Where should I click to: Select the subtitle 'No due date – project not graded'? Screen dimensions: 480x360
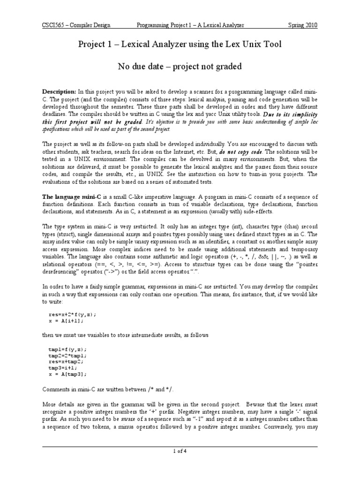tap(180, 67)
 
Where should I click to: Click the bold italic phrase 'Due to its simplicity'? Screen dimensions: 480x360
tap(287, 113)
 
